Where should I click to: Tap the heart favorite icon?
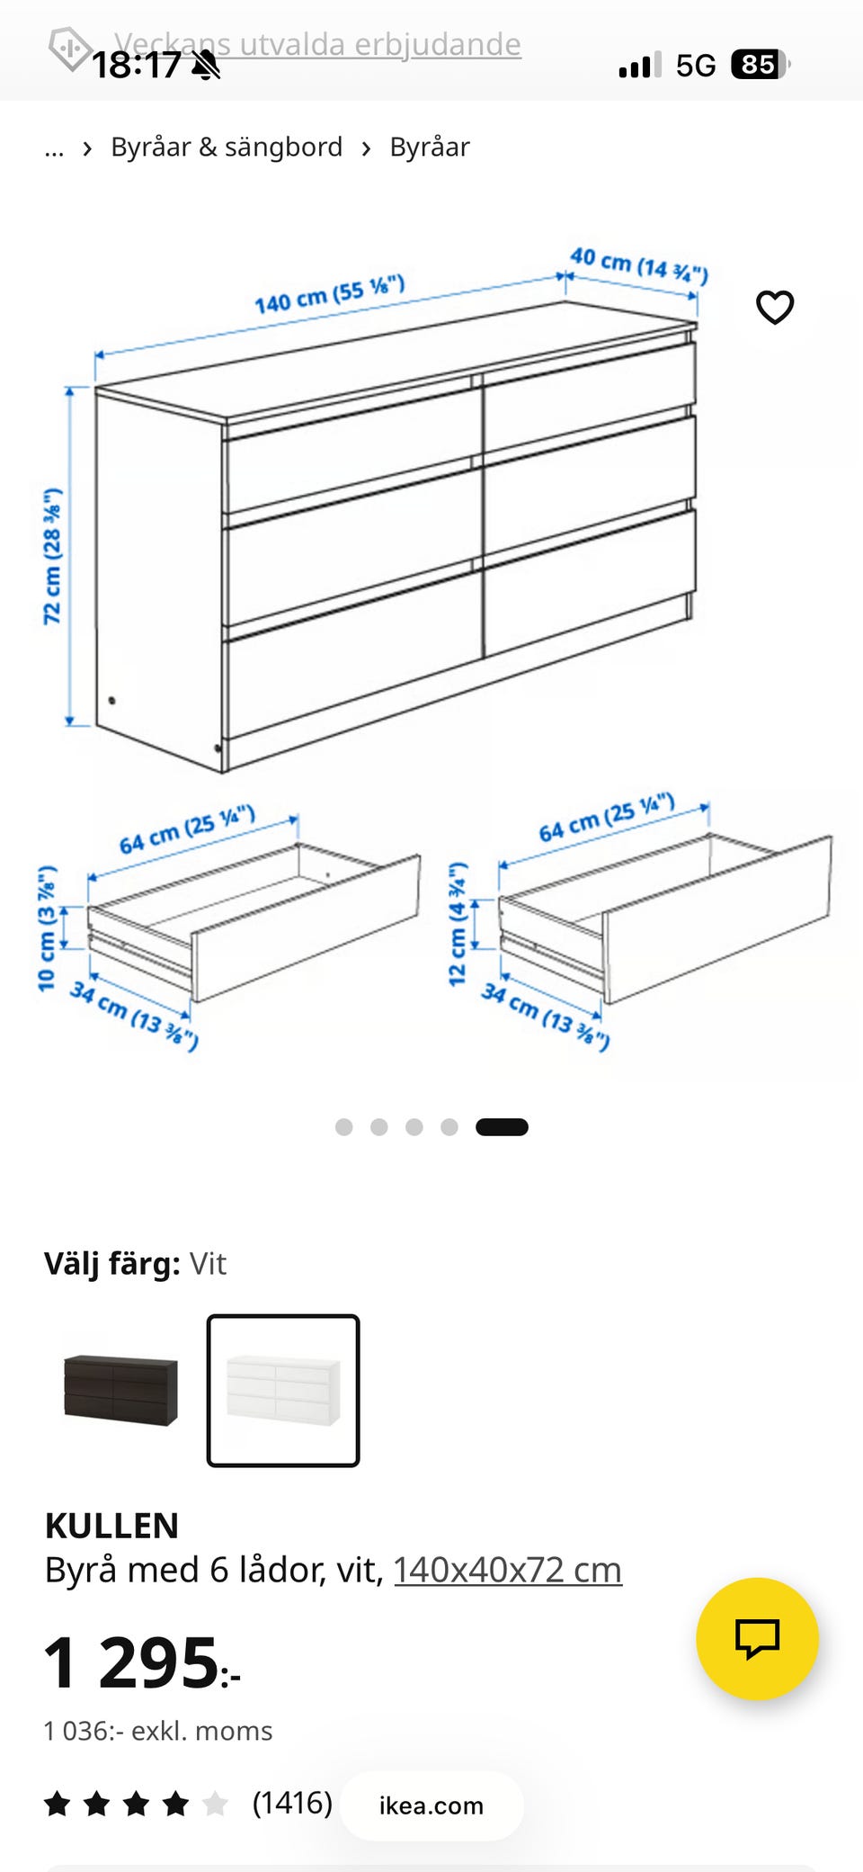coord(775,308)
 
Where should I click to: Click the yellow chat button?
coord(757,1638)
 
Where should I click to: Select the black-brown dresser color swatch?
coord(120,1390)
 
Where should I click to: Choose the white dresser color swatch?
coord(283,1391)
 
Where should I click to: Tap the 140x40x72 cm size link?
coord(508,1570)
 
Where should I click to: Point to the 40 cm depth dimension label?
coord(639,264)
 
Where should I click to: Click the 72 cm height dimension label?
coord(53,556)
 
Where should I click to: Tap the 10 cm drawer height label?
coord(47,927)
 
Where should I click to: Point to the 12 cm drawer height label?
coord(458,924)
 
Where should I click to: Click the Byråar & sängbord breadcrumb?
coord(227,147)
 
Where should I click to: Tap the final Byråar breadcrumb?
coord(430,147)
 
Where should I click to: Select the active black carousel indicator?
coord(502,1127)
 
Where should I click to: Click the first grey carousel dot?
coord(343,1127)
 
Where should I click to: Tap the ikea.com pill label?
coord(431,1805)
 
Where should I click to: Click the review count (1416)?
coord(292,1803)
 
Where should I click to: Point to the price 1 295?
coord(142,1662)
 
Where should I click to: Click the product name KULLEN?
coord(112,1526)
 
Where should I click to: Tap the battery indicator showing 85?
coord(761,65)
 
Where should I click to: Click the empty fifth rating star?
coord(215,1804)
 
